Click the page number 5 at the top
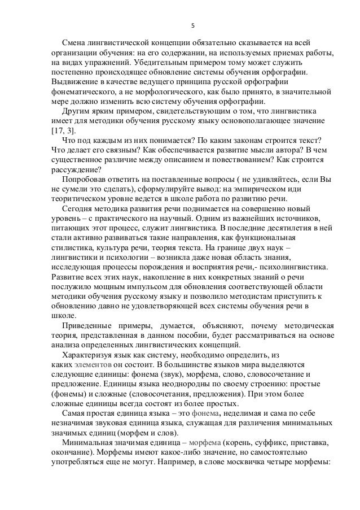point(194,25)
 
